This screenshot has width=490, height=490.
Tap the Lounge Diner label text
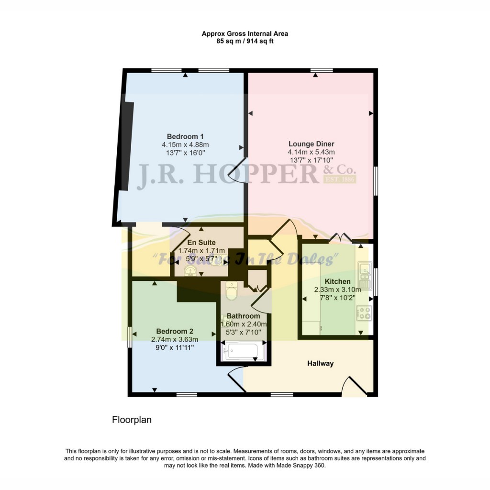[311, 144]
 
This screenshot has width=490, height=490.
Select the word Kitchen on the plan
[337, 281]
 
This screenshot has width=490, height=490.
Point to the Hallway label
[320, 364]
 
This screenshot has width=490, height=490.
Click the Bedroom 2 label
[175, 331]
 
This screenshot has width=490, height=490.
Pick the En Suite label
[201, 243]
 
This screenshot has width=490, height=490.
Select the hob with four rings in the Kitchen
[364, 313]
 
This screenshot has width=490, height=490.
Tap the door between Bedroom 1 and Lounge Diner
[237, 171]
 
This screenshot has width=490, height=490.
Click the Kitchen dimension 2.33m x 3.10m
[337, 290]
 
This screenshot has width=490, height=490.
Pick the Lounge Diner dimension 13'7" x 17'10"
[311, 160]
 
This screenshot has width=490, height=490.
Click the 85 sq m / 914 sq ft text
[245, 41]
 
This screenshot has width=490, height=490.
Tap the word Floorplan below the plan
[132, 420]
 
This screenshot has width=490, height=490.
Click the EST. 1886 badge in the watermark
[339, 180]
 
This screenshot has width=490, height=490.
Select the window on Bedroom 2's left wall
[129, 337]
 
